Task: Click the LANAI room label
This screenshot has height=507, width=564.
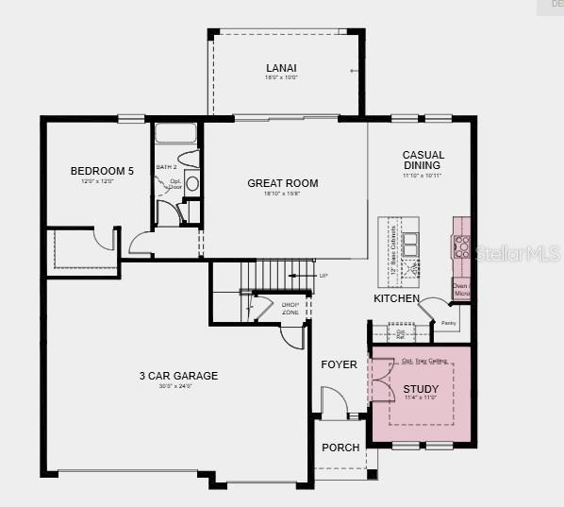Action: [281, 68]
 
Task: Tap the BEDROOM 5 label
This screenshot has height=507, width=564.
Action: [102, 171]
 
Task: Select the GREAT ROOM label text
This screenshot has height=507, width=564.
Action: [282, 183]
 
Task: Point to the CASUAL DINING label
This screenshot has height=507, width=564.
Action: [423, 161]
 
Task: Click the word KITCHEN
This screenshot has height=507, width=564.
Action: [396, 298]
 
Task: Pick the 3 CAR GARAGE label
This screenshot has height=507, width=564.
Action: [177, 376]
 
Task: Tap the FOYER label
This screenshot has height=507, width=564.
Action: [339, 364]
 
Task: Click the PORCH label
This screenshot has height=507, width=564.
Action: [340, 448]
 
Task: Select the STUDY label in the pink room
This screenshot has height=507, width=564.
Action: [421, 389]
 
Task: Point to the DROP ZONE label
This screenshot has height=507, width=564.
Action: [290, 308]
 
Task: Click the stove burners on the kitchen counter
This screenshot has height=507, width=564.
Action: [461, 246]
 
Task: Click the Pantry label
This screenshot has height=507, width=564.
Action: [448, 323]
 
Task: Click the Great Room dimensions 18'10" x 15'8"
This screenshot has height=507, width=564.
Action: [282, 194]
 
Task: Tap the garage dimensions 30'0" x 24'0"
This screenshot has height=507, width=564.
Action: [177, 386]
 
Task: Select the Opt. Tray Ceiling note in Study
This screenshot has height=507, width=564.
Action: [420, 361]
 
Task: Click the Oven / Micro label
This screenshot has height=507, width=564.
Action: [461, 290]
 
